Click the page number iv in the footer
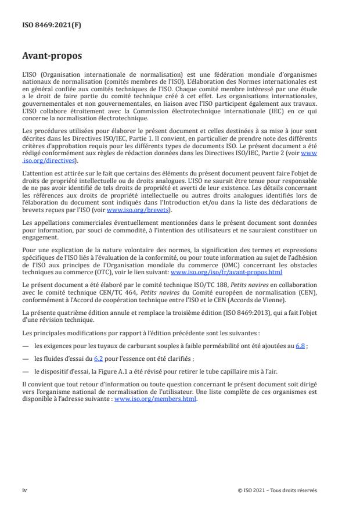24,490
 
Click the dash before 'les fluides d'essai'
25,342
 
